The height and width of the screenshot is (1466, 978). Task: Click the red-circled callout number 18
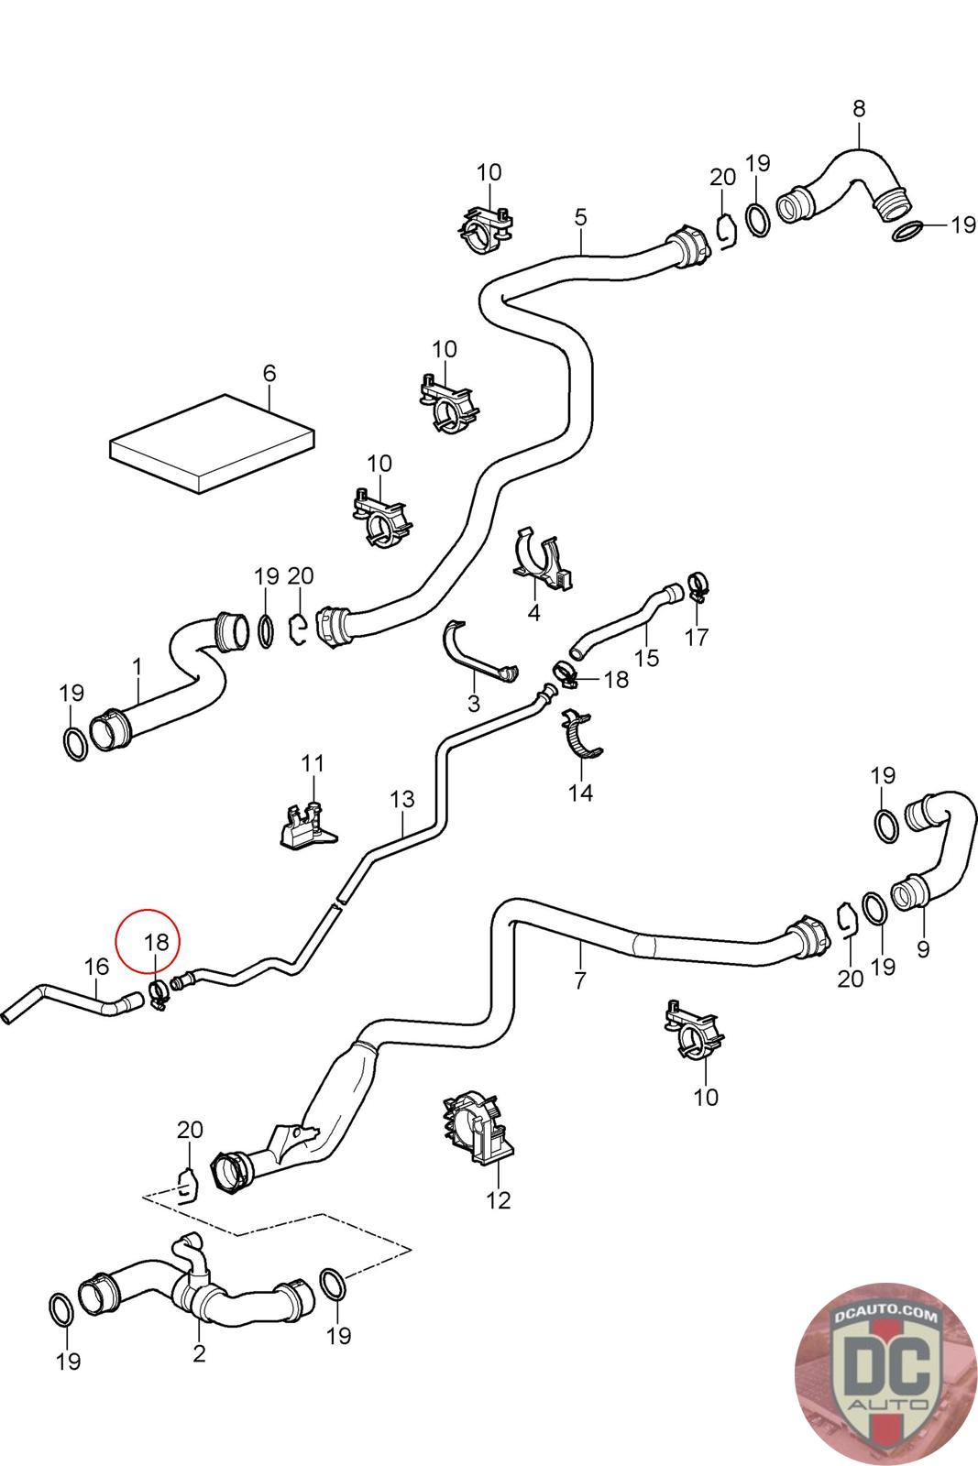157,941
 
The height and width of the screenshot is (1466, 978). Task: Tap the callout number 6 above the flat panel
269,374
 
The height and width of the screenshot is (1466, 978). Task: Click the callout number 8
859,108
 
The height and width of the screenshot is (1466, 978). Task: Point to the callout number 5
580,217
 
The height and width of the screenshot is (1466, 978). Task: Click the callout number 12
499,1199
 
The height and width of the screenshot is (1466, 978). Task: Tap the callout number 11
313,762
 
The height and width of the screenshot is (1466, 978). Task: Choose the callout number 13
402,799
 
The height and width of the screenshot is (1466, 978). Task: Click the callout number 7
579,980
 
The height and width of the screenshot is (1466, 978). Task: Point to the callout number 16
96,966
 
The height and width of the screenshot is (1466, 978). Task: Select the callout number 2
199,1352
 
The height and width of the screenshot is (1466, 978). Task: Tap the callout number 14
581,793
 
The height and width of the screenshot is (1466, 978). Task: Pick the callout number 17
697,637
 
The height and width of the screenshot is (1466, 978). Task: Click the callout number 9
922,949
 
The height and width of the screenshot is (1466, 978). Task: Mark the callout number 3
473,704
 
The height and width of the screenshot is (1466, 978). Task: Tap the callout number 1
137,666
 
